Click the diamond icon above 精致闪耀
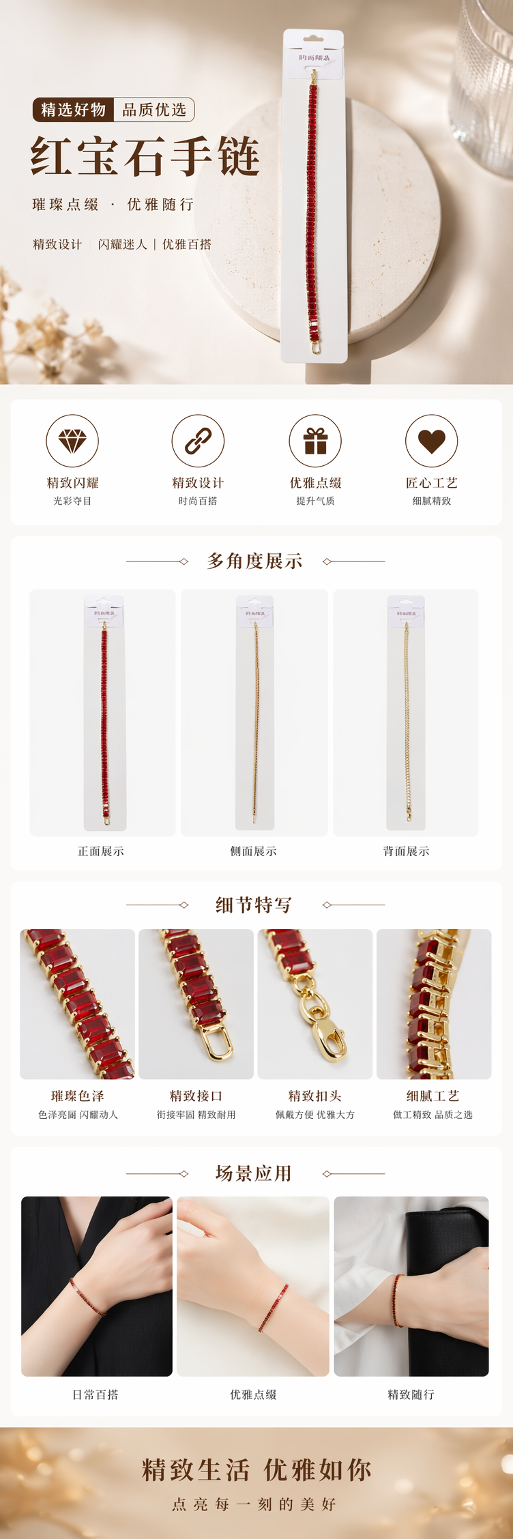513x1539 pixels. point(72,441)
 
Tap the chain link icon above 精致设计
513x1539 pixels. point(198,441)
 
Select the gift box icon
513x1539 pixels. point(315,441)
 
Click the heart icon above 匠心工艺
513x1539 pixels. point(432,441)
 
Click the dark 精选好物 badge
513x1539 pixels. point(73,110)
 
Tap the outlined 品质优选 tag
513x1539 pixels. point(155,110)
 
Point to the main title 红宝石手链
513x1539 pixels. point(145,156)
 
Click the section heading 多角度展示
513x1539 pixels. point(255,561)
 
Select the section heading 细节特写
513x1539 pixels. point(254,905)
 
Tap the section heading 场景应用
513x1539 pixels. point(254,1173)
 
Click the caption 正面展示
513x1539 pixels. point(101,851)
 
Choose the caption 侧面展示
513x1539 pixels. point(254,851)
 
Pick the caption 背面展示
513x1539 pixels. point(407,851)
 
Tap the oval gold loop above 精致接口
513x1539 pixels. point(217,1041)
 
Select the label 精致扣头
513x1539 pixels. point(315,1096)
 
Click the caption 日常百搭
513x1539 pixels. point(96,1394)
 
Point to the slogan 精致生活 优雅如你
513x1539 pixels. point(256,1470)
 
